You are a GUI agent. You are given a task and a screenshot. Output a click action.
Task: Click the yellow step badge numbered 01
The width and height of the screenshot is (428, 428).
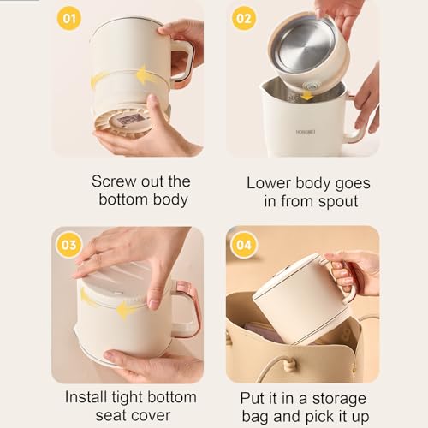(69, 19)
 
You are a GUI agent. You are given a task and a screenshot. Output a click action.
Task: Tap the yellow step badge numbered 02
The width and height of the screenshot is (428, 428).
(244, 19)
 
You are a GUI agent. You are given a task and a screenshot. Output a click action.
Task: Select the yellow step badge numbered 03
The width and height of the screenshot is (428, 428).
(69, 245)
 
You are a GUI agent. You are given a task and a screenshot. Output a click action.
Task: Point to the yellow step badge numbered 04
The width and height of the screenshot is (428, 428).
(244, 245)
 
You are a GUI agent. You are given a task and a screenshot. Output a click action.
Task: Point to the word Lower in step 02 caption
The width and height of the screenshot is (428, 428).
(269, 183)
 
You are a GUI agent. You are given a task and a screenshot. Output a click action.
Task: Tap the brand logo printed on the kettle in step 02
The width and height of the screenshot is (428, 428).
(306, 132)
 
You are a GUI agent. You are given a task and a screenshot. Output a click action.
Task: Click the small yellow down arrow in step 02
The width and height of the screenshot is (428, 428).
(306, 95)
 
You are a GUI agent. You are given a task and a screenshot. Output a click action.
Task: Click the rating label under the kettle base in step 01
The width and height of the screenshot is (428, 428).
(130, 120)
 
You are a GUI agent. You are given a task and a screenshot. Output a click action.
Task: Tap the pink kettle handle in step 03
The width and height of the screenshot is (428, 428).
(186, 308)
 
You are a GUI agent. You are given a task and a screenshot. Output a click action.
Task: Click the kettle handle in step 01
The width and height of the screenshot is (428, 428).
(181, 63)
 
